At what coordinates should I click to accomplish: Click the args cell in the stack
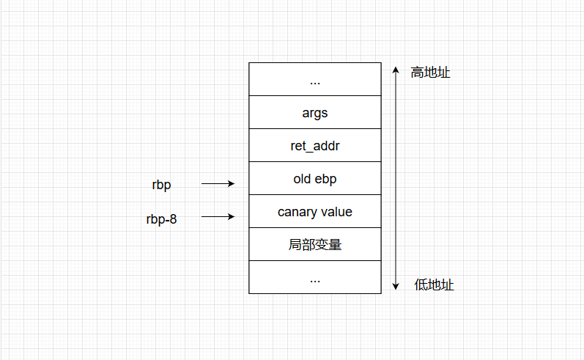(x=314, y=113)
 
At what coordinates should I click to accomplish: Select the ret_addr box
(x=314, y=146)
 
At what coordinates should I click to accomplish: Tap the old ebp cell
(x=314, y=179)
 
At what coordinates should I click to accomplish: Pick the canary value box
(x=314, y=212)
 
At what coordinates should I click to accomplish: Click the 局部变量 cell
(x=314, y=245)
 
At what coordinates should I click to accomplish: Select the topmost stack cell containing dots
(x=314, y=80)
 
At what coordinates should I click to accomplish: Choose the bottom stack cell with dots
(x=314, y=278)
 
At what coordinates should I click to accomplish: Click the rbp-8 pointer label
(x=161, y=218)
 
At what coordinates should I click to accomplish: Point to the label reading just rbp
(x=161, y=185)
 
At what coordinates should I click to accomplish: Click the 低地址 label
(x=434, y=285)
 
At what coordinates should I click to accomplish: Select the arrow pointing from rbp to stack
(x=218, y=184)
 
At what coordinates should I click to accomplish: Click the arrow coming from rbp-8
(x=218, y=217)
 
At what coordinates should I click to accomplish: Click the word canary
(x=297, y=212)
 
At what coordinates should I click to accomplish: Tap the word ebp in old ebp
(x=326, y=179)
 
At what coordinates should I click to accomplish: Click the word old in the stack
(x=303, y=179)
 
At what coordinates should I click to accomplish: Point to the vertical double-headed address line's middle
(x=396, y=178)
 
